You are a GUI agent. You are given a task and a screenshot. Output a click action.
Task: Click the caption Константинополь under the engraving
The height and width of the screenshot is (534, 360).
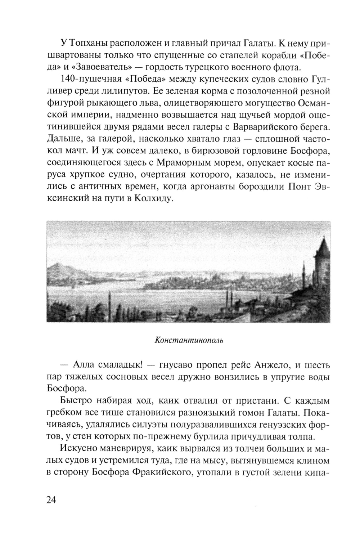click(189, 340)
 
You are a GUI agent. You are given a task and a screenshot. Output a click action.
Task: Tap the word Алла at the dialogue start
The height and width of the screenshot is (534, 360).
click(85, 365)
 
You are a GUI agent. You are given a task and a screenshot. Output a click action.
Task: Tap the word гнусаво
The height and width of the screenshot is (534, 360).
click(174, 365)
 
